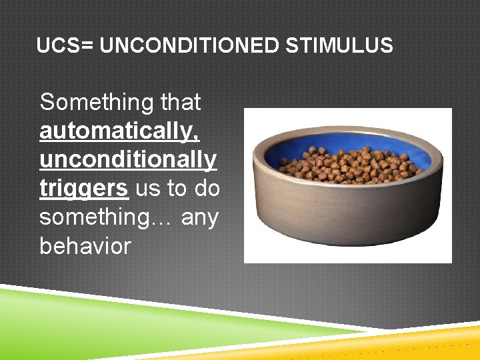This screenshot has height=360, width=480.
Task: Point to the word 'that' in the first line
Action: pos(181,103)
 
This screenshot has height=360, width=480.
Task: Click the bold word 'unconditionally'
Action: pos(128,160)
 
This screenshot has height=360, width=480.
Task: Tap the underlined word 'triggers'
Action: pos(83,189)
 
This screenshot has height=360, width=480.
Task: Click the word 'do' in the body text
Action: pos(207,189)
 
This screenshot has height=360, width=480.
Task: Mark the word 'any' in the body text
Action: pos(199,217)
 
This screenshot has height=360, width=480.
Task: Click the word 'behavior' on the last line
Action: pos(85,246)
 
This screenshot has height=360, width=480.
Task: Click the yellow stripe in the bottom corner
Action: pos(427,340)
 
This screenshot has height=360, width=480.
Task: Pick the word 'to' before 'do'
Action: pos(177,189)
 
